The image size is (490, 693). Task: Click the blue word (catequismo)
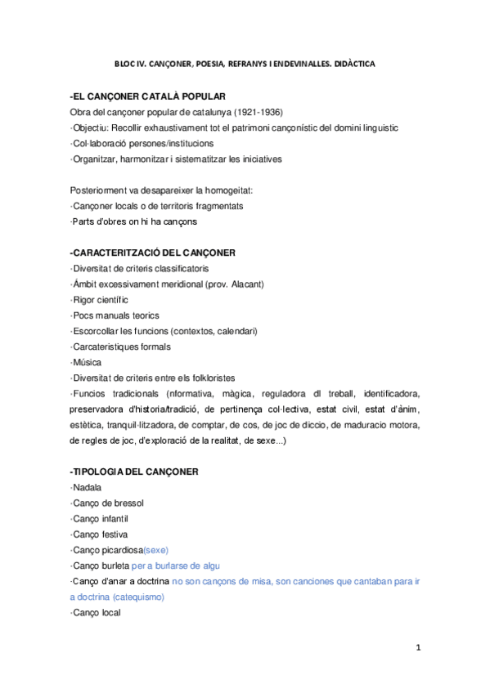(x=135, y=597)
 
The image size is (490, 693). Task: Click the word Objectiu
(x=92, y=127)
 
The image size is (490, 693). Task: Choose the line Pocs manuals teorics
(x=115, y=315)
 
